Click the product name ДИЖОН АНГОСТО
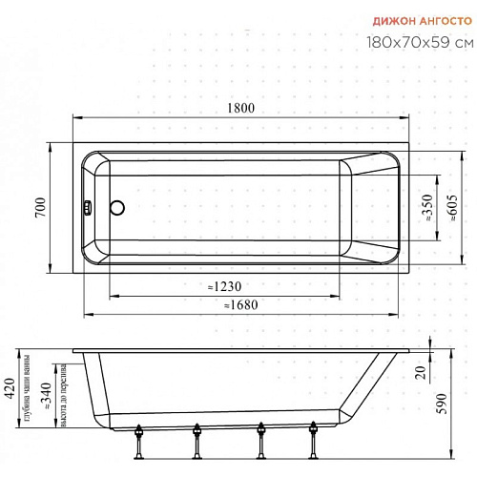(x=419, y=19)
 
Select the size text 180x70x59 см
(x=419, y=42)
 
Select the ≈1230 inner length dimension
(x=226, y=287)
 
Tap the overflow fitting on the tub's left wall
(x=88, y=206)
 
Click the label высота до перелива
(x=63, y=382)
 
